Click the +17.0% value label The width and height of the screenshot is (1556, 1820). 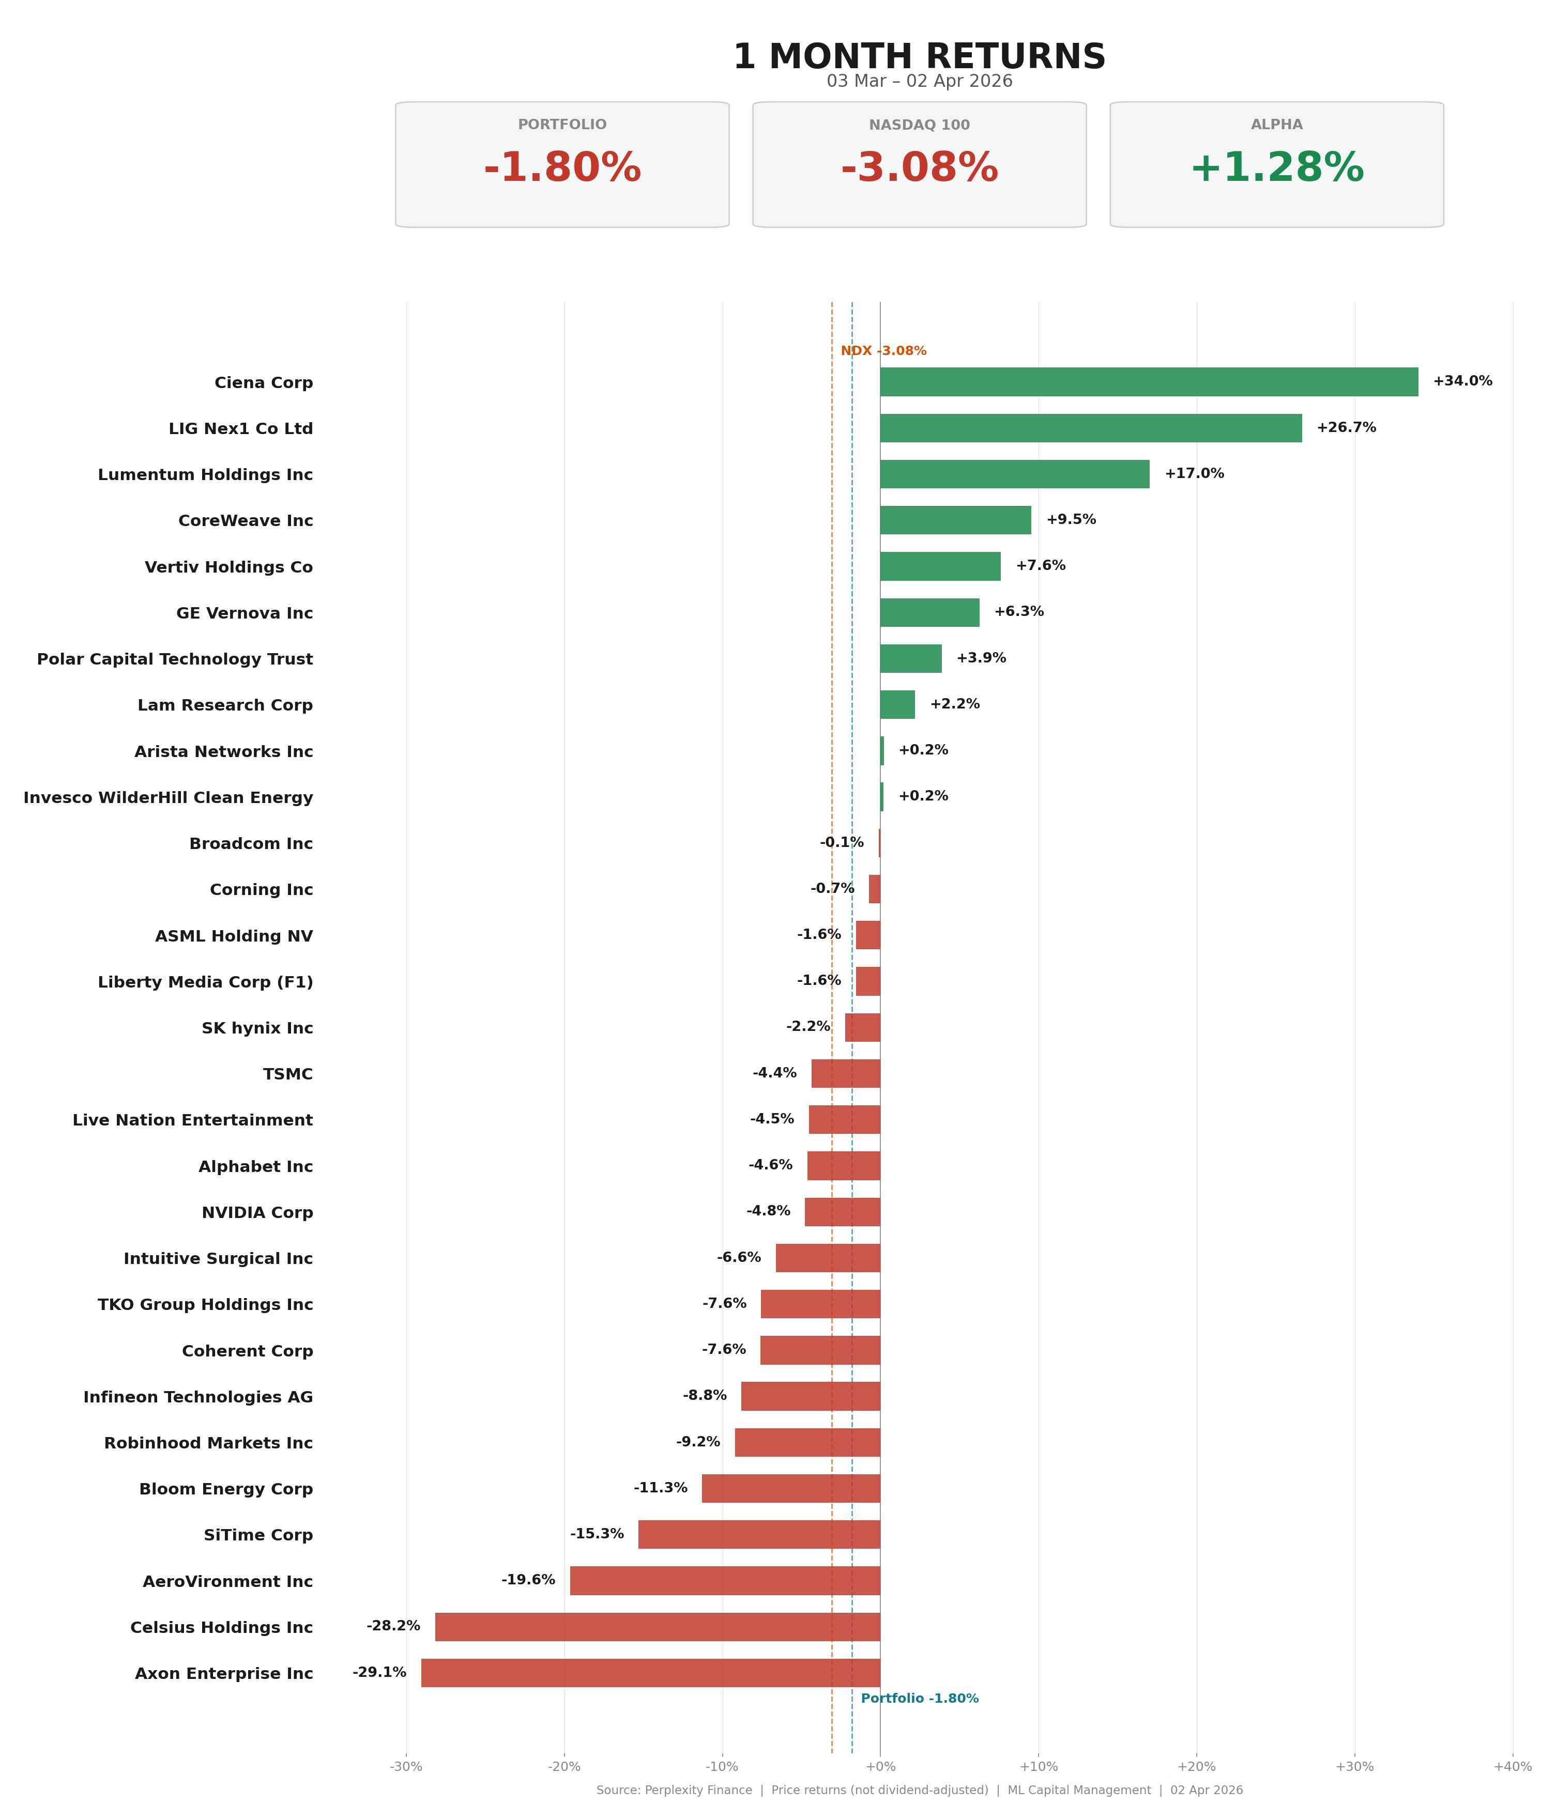click(1194, 473)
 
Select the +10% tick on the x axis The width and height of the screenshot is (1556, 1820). click(1039, 1766)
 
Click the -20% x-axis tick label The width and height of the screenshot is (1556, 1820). click(564, 1766)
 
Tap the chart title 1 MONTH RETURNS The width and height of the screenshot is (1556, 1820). click(919, 57)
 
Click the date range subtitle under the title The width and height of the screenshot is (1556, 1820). click(919, 82)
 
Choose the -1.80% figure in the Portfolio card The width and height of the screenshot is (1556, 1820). click(562, 168)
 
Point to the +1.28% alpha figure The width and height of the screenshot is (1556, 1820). click(1277, 168)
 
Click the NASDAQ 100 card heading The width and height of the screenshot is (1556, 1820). click(919, 125)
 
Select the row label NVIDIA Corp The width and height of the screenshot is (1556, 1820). click(257, 1212)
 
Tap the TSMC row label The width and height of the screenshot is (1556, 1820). click(288, 1073)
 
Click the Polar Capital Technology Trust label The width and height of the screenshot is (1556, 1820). click(175, 659)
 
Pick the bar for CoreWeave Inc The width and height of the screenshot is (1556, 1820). click(956, 520)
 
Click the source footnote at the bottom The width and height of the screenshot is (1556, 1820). click(919, 1790)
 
